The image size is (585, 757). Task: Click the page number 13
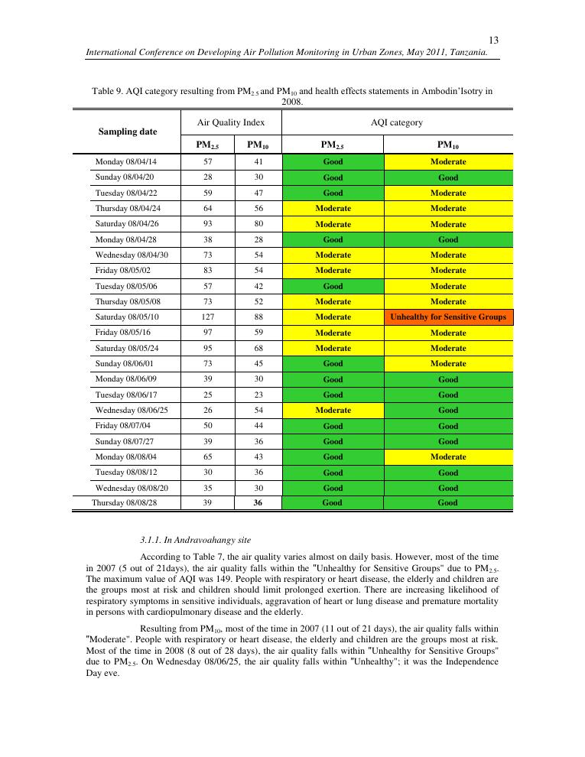coord(493,41)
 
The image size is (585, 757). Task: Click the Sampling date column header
coord(128,132)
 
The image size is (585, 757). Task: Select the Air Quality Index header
coord(231,122)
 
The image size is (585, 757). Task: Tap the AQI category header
coord(397,122)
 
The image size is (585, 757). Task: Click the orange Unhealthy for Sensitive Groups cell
coord(448,317)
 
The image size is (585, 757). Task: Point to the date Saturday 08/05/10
coord(126,317)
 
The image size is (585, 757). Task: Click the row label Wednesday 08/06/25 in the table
coord(132,410)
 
